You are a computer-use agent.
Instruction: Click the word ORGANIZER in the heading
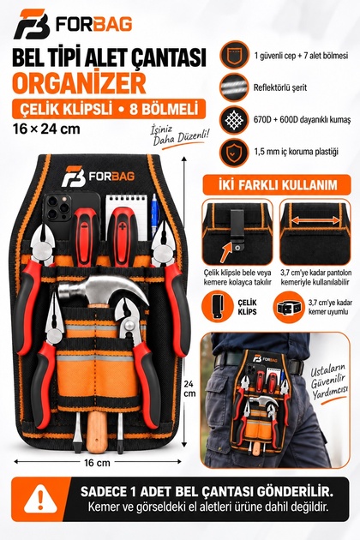click(x=79, y=82)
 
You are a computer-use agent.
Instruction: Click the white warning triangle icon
click(x=40, y=498)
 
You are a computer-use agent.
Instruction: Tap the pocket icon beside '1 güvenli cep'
click(x=234, y=55)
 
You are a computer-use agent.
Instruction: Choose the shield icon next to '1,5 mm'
click(x=234, y=153)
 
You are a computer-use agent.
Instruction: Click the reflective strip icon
click(x=234, y=87)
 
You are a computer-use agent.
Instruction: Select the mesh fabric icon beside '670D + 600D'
click(x=234, y=120)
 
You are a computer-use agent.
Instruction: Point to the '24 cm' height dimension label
click(x=189, y=388)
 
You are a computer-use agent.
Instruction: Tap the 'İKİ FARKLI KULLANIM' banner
click(x=277, y=185)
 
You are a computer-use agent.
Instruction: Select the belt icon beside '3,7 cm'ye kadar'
click(x=288, y=307)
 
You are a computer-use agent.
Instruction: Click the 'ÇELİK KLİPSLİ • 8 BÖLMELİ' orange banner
click(x=109, y=109)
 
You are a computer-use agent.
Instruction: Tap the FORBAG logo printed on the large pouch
click(x=99, y=177)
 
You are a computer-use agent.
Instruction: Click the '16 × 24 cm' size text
click(x=46, y=129)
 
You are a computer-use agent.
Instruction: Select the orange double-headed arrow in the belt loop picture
click(x=315, y=219)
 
